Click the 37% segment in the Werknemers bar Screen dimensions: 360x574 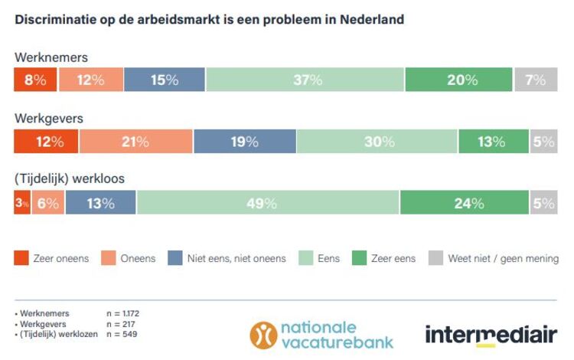pos(305,80)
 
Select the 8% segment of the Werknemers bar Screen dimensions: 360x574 pos(34,80)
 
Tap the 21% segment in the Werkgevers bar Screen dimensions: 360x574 pos(135,142)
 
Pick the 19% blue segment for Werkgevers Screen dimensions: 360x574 pos(244,142)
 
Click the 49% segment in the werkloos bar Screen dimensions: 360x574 pos(267,203)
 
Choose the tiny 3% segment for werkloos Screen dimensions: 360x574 pos(22,203)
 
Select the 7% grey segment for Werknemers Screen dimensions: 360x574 pos(535,80)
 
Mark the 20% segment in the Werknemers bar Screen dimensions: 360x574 pos(458,80)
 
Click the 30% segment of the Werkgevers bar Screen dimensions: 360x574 pos(377,142)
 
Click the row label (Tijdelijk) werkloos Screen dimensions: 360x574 pos(69,180)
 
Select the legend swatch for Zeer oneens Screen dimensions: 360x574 pos(21,258)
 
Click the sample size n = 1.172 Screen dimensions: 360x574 pos(122,313)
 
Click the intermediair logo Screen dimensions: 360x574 pos(491,335)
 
